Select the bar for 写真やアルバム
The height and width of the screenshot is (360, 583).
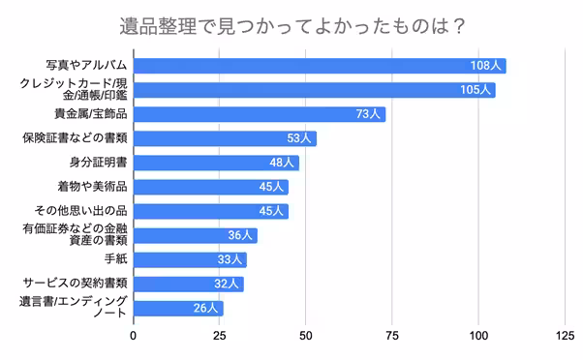(319, 66)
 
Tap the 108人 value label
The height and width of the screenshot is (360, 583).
(484, 66)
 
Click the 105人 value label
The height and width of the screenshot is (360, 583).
(475, 90)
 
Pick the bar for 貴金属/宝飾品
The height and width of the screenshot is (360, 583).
(259, 114)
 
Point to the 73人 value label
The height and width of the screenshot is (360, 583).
(367, 114)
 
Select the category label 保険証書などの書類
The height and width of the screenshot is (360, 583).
(76, 138)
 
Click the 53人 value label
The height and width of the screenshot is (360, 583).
(298, 138)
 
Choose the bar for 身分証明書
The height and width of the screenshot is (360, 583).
(215, 163)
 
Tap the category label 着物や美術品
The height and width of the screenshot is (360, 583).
(92, 186)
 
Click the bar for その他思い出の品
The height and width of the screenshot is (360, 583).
(210, 211)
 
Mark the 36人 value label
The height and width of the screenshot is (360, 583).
(239, 235)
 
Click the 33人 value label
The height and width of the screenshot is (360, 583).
(230, 259)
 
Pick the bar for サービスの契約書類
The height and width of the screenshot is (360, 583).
(188, 284)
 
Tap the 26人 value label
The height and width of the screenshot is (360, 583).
(205, 309)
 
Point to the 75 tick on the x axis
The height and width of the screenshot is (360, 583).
(392, 337)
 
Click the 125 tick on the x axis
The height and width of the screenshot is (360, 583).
(565, 337)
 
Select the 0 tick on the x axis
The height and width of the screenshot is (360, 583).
(133, 337)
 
